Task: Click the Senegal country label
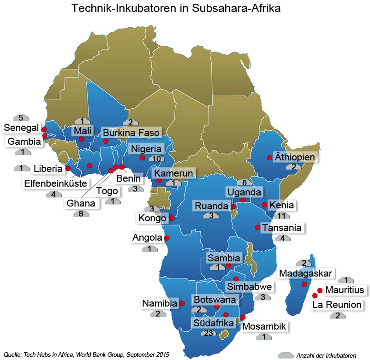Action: tap(22, 127)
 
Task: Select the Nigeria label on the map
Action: tap(146, 149)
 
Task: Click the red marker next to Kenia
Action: tap(264, 205)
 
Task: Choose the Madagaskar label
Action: tap(305, 273)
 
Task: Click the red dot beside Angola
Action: tap(167, 238)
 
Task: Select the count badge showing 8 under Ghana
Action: tap(81, 213)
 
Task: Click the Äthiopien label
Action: tap(295, 157)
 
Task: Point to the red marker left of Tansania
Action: tap(257, 227)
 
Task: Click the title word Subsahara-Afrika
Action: tap(242, 9)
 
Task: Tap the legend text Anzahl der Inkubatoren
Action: tap(326, 355)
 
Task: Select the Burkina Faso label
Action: tap(131, 133)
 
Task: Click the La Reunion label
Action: tap(337, 305)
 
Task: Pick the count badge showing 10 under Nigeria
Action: tap(157, 159)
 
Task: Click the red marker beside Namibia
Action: tap(182, 303)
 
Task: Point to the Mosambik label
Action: tap(264, 327)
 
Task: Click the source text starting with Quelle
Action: tap(86, 354)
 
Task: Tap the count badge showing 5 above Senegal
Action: tap(21, 118)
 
